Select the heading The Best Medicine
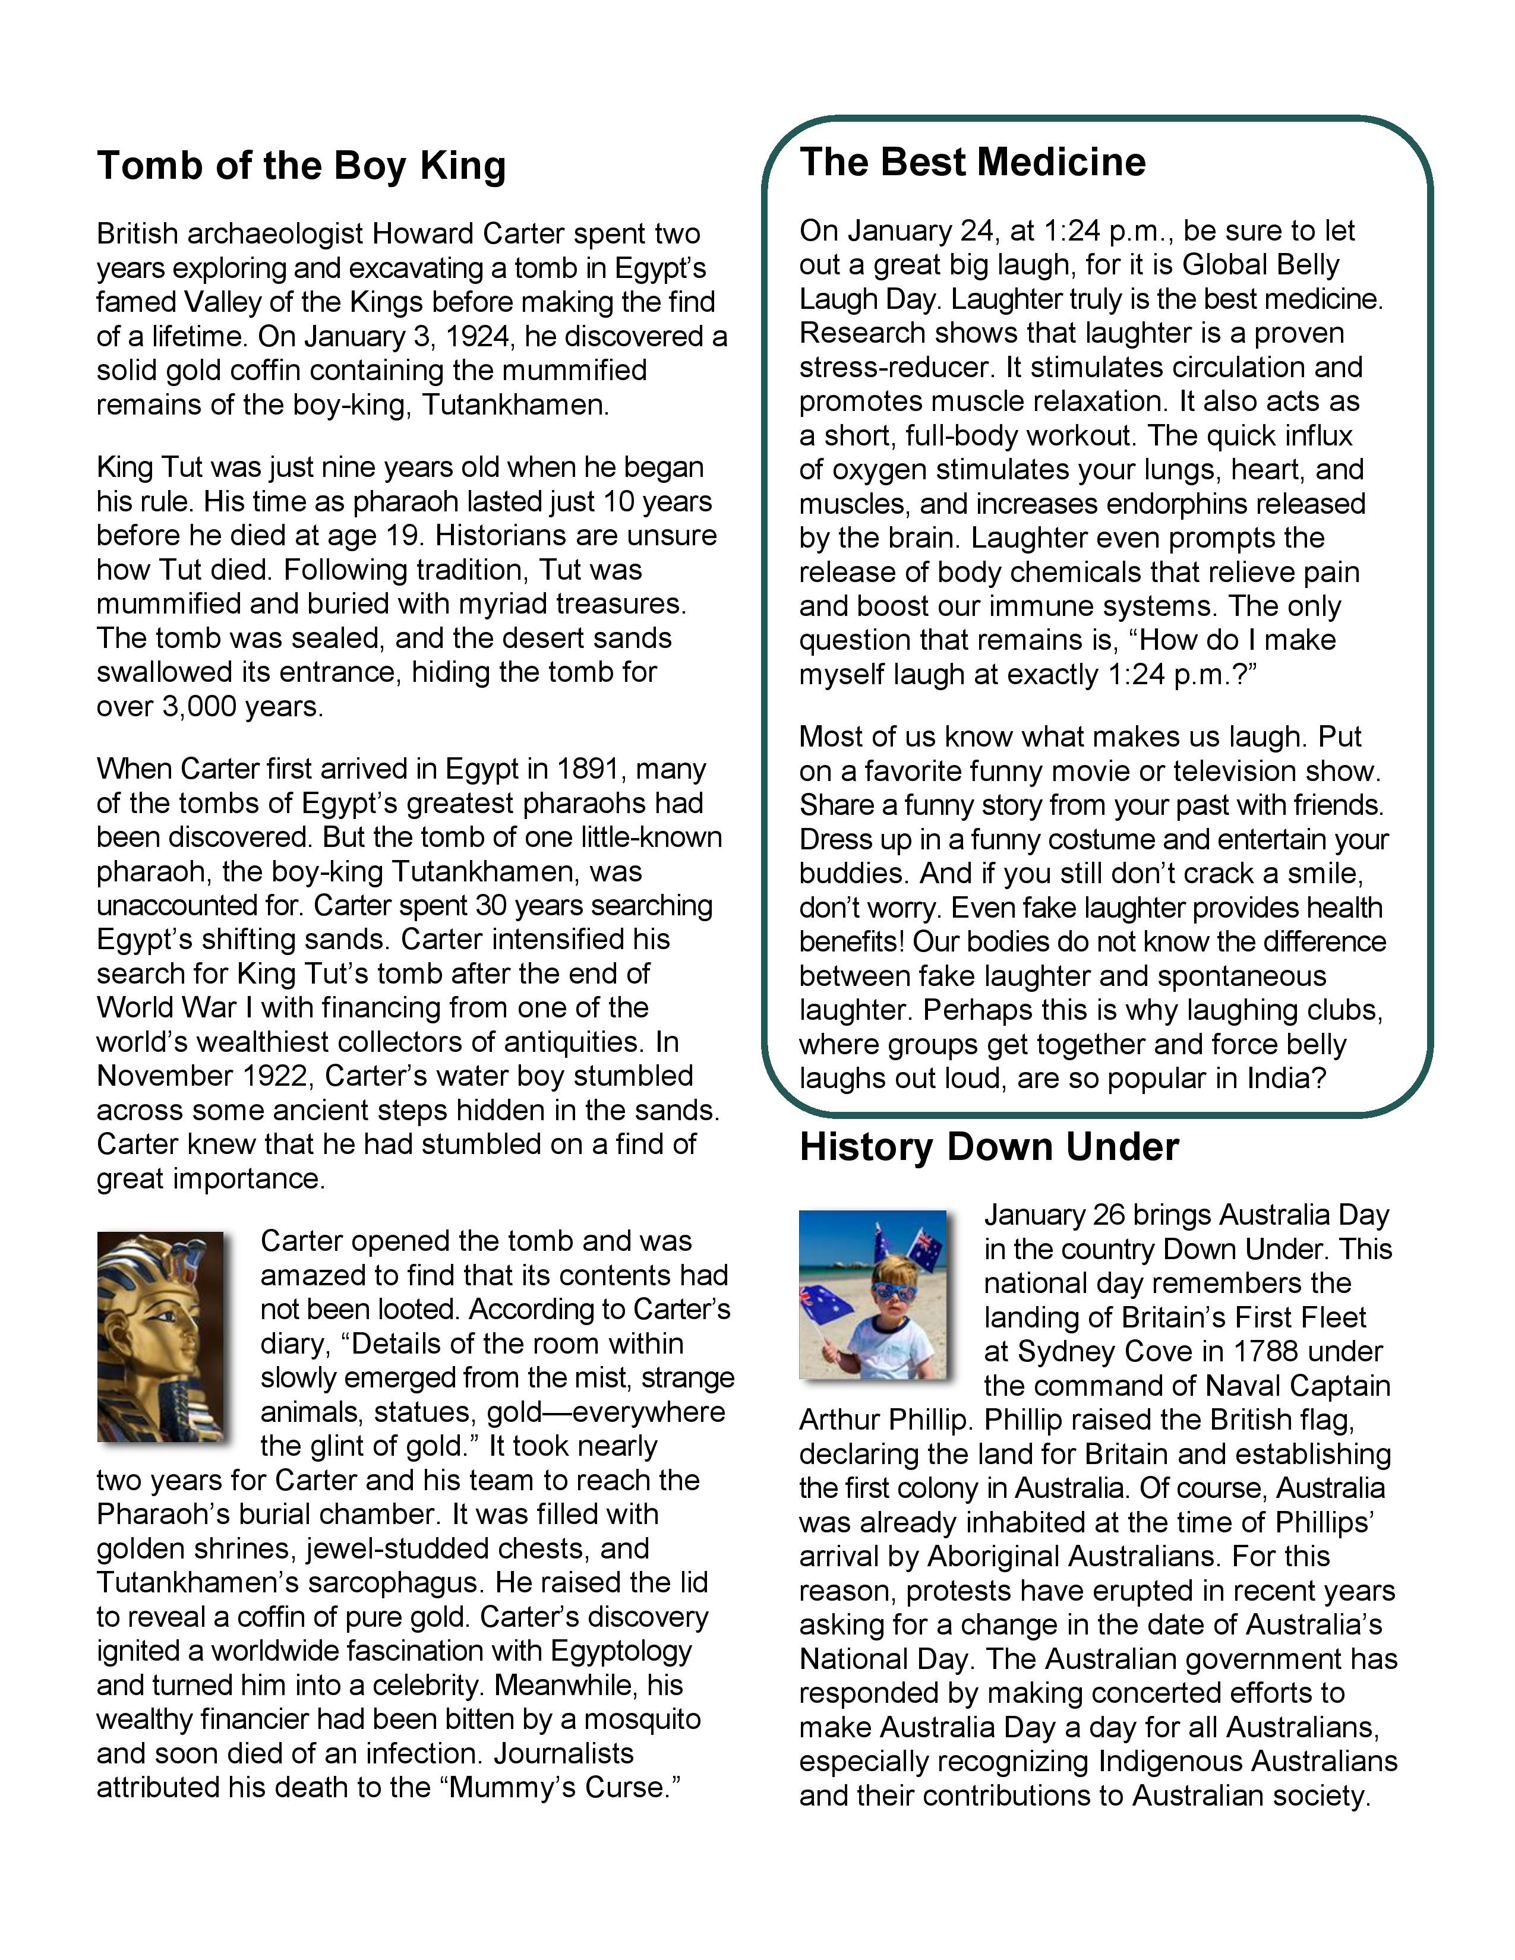[972, 162]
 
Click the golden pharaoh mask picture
[160, 1337]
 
